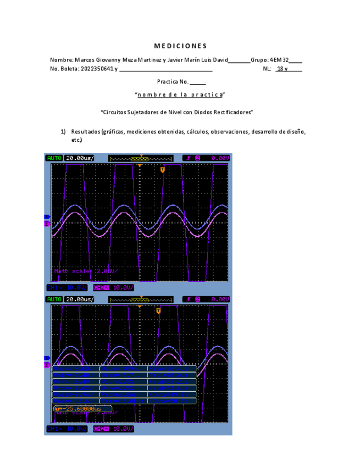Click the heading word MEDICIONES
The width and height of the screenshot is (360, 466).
180,46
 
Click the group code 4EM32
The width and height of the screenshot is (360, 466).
279,59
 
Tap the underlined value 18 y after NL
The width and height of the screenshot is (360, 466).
282,69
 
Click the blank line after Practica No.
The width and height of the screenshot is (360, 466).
198,82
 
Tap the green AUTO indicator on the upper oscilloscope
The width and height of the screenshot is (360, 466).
54,158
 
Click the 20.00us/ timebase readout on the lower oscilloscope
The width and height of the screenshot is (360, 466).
80,299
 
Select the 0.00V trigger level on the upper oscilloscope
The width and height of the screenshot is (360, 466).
219,158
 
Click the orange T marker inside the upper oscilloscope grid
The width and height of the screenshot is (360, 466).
163,170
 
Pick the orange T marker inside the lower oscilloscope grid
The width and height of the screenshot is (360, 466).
158,311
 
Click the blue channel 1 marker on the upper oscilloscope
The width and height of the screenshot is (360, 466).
47,217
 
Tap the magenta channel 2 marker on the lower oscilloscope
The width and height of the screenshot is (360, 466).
47,365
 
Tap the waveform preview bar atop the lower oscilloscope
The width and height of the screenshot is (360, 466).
141,299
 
